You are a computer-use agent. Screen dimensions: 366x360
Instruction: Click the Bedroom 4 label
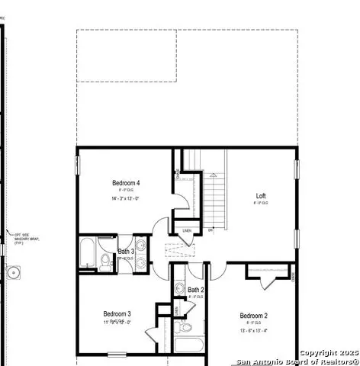[x=126, y=182]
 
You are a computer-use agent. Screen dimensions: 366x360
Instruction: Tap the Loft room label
[x=261, y=196]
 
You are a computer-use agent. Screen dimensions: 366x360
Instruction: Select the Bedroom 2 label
[x=254, y=316]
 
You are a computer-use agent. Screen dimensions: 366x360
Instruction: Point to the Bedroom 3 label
[x=117, y=313]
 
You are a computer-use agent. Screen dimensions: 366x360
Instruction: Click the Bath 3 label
[x=126, y=252]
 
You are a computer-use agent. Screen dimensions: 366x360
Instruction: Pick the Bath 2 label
[x=196, y=290]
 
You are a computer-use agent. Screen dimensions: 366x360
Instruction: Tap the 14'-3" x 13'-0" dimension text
[x=126, y=198]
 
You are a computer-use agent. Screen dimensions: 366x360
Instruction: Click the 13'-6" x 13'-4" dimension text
[x=254, y=331]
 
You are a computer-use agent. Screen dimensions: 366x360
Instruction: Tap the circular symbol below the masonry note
[x=13, y=272]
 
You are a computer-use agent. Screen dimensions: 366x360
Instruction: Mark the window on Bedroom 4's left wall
[x=77, y=165]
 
